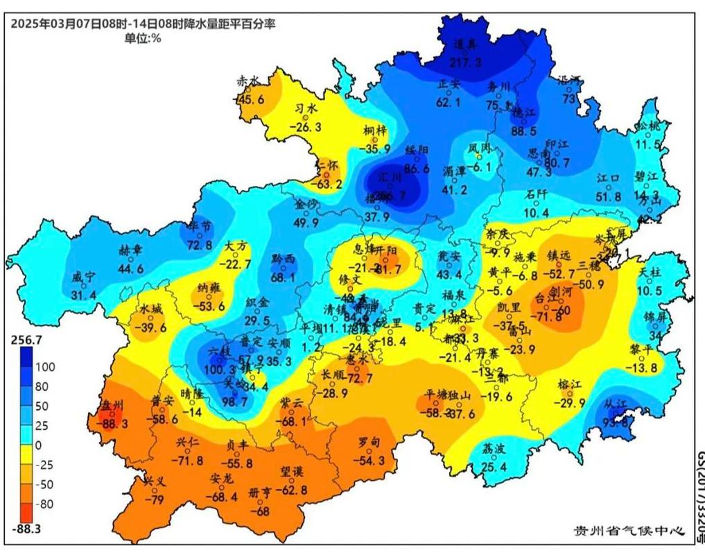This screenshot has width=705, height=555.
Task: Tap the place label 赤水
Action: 247,80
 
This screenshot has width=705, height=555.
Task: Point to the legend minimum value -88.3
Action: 26,529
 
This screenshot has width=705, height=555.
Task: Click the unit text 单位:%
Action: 143,38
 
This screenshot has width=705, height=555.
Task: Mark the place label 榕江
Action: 569,384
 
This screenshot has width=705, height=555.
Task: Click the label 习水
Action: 306,108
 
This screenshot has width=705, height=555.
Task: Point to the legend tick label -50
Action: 46,484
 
